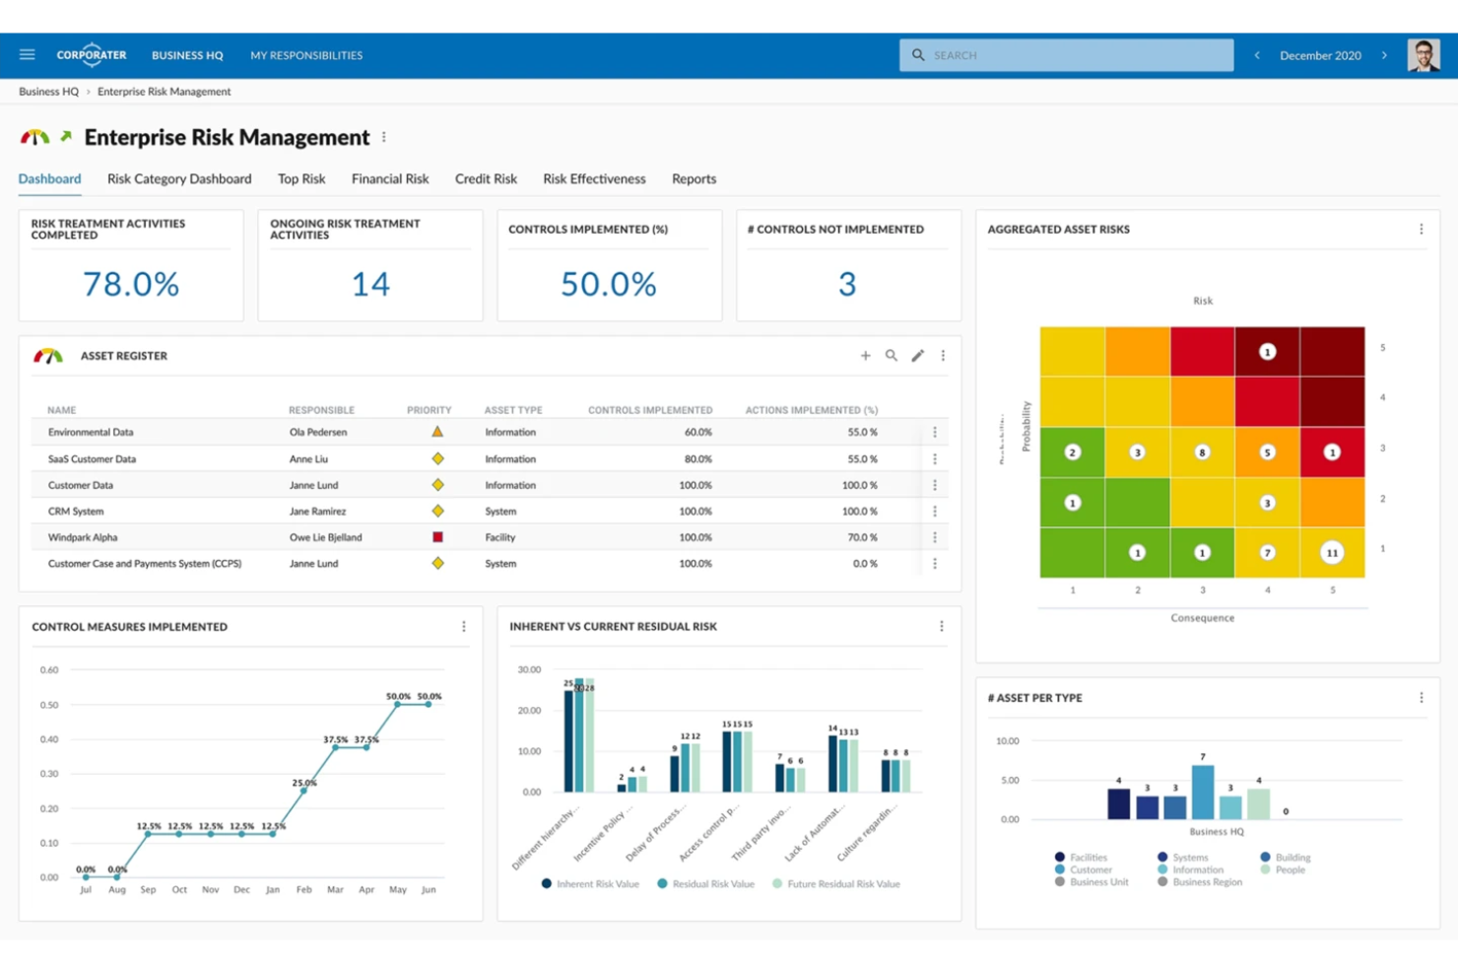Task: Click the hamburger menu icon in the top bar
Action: click(27, 55)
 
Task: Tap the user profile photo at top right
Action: click(1423, 55)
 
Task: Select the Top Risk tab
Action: click(301, 178)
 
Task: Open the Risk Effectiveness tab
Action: click(594, 178)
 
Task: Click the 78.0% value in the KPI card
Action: click(131, 284)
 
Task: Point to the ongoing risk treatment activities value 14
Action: click(370, 284)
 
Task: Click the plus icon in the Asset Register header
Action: click(865, 356)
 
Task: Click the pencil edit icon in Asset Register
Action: click(917, 356)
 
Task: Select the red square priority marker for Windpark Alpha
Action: click(437, 537)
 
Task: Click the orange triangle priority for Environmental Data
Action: click(437, 432)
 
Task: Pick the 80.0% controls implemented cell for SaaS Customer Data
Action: click(697, 458)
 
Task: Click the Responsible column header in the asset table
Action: click(321, 410)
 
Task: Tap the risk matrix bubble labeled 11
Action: click(1332, 553)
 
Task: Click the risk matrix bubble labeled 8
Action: click(1202, 452)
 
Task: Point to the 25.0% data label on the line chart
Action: click(304, 783)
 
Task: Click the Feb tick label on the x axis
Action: click(303, 889)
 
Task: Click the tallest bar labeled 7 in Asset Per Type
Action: click(1203, 793)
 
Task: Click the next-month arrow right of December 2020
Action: click(1384, 55)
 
